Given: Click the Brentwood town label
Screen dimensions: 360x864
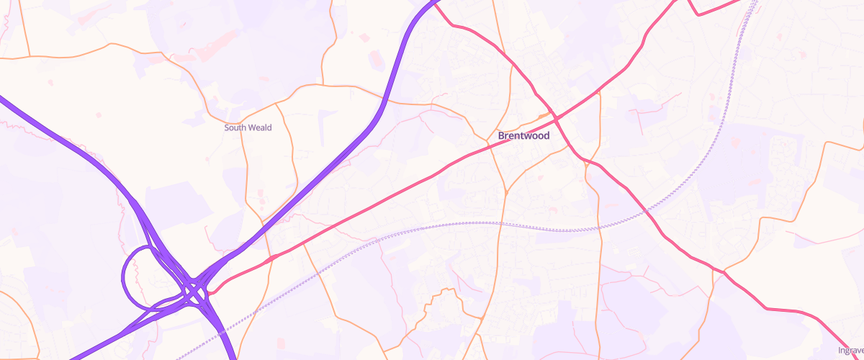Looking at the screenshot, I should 523,135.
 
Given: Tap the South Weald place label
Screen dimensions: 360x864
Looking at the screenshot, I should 248,127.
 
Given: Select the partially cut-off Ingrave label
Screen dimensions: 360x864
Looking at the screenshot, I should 851,351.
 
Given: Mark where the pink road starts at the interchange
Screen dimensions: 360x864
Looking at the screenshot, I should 210,292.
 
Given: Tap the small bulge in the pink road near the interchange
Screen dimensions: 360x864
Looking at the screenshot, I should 272,257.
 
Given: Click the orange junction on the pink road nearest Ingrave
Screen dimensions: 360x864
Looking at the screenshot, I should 724,272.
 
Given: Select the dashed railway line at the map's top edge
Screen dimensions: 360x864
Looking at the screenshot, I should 755,4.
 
